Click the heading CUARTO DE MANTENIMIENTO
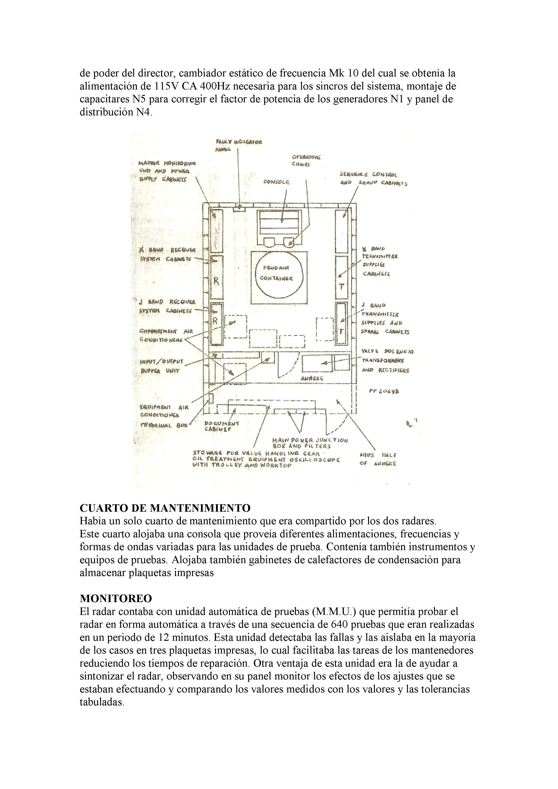tap(165, 508)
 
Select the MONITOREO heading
tap(116, 598)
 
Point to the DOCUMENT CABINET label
tap(222, 426)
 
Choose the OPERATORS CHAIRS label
tap(306, 161)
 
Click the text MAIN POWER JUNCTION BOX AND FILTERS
tap(310, 443)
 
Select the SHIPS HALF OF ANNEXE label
tap(378, 459)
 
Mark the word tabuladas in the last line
tap(101, 702)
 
